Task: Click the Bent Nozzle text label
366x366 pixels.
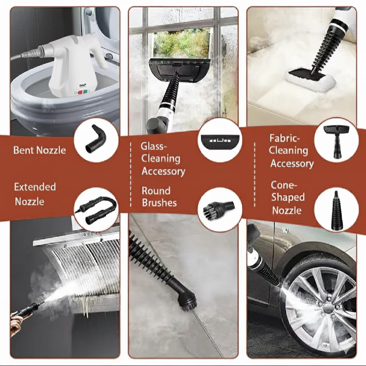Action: [x=40, y=150]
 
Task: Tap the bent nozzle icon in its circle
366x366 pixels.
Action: [x=96, y=139]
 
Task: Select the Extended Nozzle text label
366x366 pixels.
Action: [x=35, y=194]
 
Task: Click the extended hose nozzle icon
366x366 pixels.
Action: [x=96, y=210]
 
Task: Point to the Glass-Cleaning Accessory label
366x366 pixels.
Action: [x=163, y=159]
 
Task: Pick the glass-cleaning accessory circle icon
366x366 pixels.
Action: [x=219, y=140]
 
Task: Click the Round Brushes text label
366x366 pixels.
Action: [x=159, y=197]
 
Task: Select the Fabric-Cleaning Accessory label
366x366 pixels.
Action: [x=291, y=151]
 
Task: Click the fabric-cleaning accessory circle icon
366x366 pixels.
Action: [x=336, y=140]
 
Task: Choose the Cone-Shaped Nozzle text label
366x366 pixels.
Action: [x=288, y=197]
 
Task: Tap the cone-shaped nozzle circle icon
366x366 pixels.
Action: [x=336, y=210]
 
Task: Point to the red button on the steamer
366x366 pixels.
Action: [x=80, y=92]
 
